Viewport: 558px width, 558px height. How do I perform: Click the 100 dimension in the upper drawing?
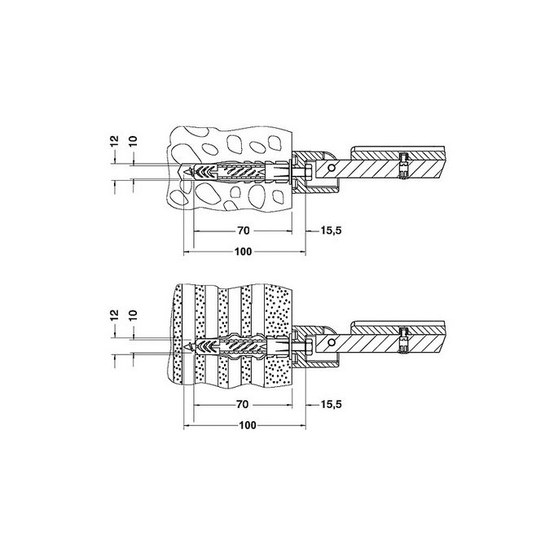242,252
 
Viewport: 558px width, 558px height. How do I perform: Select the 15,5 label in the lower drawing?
330,403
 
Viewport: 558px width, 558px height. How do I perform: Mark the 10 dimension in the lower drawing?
133,314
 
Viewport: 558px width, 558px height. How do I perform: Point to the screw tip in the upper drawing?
190,173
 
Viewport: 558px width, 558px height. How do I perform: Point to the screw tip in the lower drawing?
190,347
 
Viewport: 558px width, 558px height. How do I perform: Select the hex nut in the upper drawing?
310,173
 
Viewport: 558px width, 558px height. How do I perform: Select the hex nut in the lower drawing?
310,347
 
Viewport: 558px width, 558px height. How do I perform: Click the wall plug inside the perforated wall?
236,173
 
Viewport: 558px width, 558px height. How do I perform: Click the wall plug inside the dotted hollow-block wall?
236,347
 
